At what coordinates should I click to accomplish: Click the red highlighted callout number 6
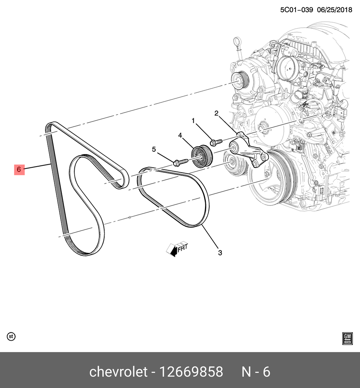19,170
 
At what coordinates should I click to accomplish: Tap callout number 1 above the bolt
193,121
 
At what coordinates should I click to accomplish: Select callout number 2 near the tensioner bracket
216,114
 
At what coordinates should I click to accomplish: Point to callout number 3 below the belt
220,253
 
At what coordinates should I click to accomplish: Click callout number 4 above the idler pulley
180,136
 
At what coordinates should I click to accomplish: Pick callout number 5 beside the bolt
154,150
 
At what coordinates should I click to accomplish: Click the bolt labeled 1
216,142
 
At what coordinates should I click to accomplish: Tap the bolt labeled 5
181,162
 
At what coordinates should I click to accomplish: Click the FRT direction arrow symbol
177,249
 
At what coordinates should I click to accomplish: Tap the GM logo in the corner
347,339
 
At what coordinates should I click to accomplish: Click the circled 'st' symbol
11,337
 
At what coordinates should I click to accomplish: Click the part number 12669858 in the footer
191,372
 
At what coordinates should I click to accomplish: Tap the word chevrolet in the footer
119,371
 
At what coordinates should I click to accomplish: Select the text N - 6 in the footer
256,372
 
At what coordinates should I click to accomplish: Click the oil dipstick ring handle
237,41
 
